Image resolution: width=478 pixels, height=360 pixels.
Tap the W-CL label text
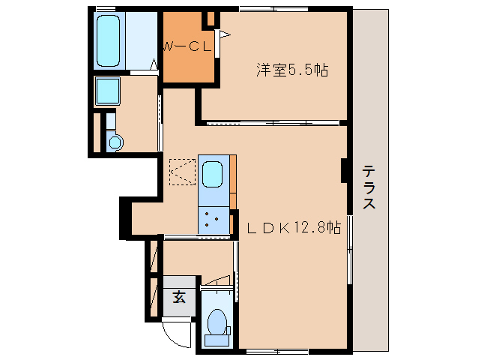[x=187, y=46]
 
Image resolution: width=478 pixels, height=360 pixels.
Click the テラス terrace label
[x=369, y=187]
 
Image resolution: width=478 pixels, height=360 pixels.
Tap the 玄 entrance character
[x=180, y=297]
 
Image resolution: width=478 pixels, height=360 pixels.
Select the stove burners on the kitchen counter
[x=214, y=220]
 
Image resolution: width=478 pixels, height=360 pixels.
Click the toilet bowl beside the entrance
[x=218, y=321]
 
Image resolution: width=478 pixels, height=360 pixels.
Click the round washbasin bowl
[x=115, y=141]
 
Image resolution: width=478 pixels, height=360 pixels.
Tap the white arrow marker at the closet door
[x=221, y=33]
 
